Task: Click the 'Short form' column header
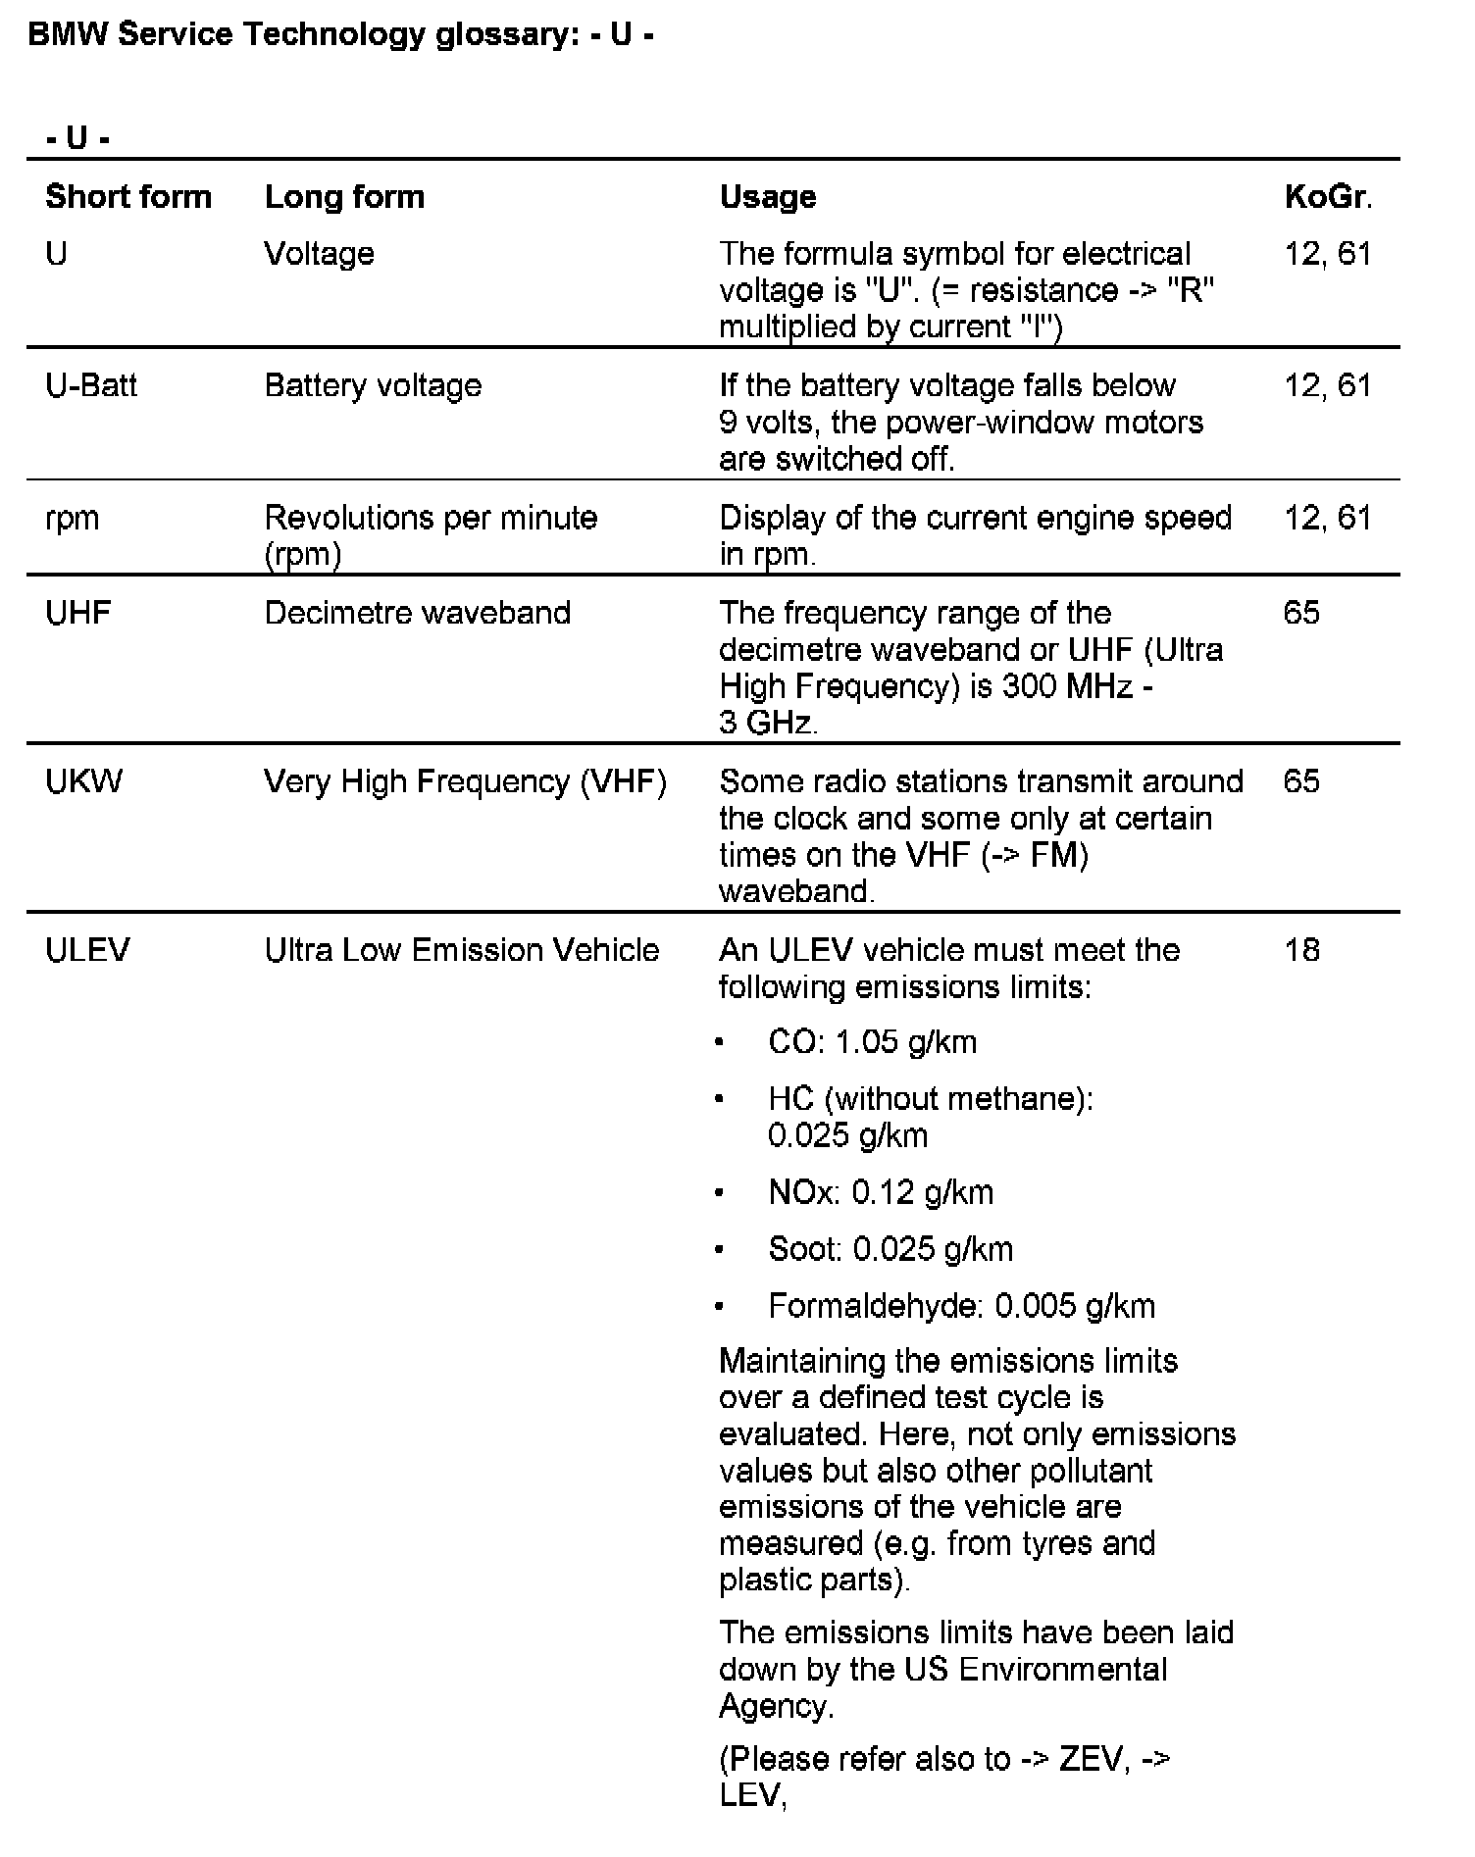pyautogui.click(x=128, y=197)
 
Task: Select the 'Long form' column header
pyautogui.click(x=344, y=197)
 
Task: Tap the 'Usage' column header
pyautogui.click(x=768, y=197)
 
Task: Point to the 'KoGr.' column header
pyautogui.click(x=1328, y=197)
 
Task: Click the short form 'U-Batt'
pyautogui.click(x=91, y=385)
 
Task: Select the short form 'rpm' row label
pyautogui.click(x=73, y=518)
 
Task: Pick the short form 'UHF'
pyautogui.click(x=78, y=613)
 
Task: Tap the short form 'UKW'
pyautogui.click(x=84, y=781)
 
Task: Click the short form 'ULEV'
pyautogui.click(x=87, y=950)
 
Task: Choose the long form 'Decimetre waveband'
pyautogui.click(x=418, y=613)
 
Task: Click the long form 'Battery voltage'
pyautogui.click(x=374, y=385)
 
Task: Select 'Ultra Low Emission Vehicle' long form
pyautogui.click(x=462, y=950)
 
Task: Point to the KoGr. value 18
pyautogui.click(x=1301, y=950)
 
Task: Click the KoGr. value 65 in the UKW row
pyautogui.click(x=1301, y=781)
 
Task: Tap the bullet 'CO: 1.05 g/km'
pyautogui.click(x=872, y=1041)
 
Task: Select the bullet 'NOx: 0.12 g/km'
pyautogui.click(x=881, y=1192)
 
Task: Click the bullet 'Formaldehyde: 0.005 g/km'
pyautogui.click(x=961, y=1306)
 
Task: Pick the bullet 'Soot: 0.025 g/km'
pyautogui.click(x=890, y=1249)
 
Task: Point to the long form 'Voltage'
pyautogui.click(x=320, y=254)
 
